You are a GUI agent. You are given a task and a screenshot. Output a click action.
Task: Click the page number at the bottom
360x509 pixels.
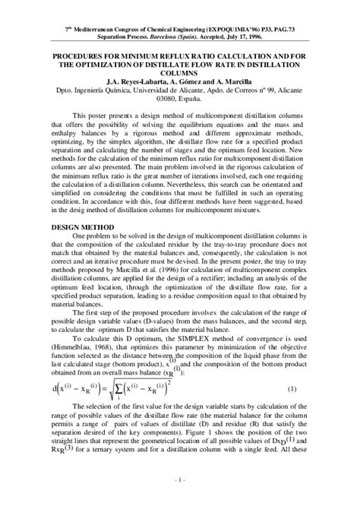179,501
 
